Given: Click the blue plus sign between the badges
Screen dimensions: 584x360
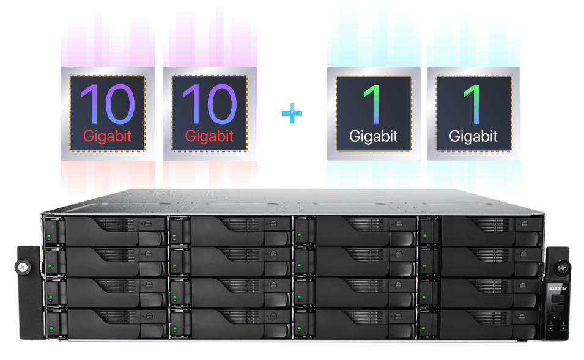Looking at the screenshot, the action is (292, 114).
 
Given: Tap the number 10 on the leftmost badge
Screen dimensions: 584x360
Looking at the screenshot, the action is (108, 105).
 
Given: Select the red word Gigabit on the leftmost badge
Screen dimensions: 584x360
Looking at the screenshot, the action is (107, 137).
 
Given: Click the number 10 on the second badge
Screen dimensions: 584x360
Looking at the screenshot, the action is (210, 105).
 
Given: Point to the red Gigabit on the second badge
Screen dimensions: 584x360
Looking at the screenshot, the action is (209, 137).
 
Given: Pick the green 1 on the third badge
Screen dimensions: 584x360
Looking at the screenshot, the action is (372, 105).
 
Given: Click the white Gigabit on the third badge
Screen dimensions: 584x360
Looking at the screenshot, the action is (374, 137).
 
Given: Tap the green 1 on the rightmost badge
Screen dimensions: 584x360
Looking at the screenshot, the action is (472, 105).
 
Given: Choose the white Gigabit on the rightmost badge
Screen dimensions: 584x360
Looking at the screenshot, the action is (473, 137).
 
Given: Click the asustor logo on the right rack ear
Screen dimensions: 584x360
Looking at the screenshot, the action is (558, 288).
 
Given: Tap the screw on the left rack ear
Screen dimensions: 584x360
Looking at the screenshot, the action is (23, 267).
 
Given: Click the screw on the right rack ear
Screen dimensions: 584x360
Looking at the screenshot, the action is (562, 267).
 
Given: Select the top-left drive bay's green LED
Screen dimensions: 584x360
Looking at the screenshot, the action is (48, 236).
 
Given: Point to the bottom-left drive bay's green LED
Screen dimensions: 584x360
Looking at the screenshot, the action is (51, 328).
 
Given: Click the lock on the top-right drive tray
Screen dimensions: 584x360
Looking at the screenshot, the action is (525, 224).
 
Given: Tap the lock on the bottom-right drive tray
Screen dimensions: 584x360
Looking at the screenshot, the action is (522, 317).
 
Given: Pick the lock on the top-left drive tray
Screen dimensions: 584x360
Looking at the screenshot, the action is (148, 224).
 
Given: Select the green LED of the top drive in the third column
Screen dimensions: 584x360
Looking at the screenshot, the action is (299, 235).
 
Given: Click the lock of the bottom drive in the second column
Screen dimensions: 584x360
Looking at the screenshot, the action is (274, 316).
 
